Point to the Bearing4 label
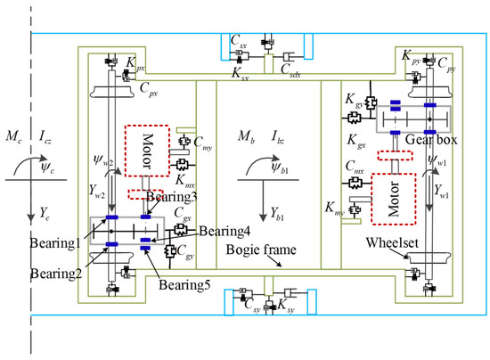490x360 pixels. point(223,231)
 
